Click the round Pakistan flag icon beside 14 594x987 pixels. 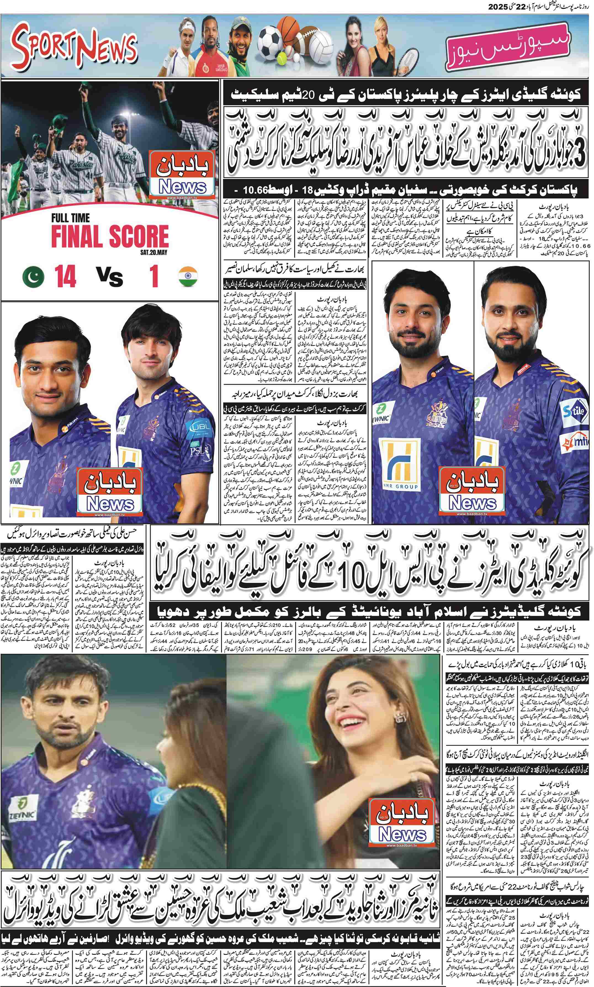pyautogui.click(x=33, y=277)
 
